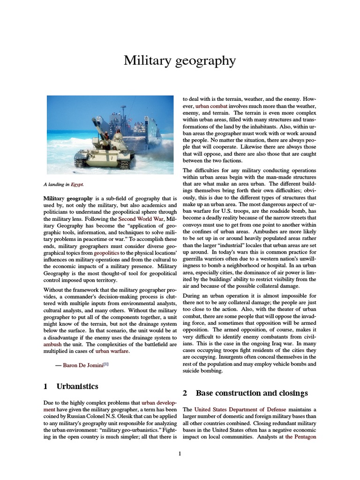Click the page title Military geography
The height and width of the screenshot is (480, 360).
pos(180,60)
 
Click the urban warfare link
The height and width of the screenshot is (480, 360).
pos(112,350)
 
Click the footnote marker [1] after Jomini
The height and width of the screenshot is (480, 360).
pos(106,363)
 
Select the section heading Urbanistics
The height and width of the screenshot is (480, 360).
pos(77,387)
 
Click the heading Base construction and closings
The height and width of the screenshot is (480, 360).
pos(252,393)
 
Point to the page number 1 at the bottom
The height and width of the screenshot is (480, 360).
pos(180,453)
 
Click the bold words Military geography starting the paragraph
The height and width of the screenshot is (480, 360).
pos(68,199)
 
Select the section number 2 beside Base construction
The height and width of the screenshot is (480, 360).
pos(185,393)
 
